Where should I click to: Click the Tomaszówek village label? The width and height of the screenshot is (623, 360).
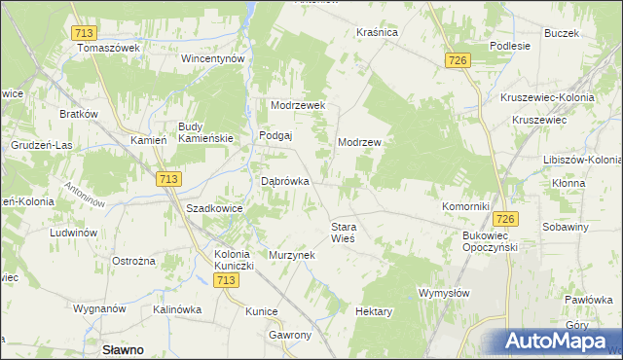[109, 49]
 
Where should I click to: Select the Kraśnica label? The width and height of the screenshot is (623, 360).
[378, 32]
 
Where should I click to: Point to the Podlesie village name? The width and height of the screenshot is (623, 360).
[510, 46]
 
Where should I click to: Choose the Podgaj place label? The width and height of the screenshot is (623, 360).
[275, 136]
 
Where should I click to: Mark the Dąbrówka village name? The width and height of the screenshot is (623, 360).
[286, 181]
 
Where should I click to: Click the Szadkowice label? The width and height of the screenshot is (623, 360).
[214, 209]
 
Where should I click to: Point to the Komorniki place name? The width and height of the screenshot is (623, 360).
[464, 207]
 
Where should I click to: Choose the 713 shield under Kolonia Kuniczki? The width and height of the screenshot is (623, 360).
[226, 280]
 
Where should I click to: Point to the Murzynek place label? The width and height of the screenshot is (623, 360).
[292, 255]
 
